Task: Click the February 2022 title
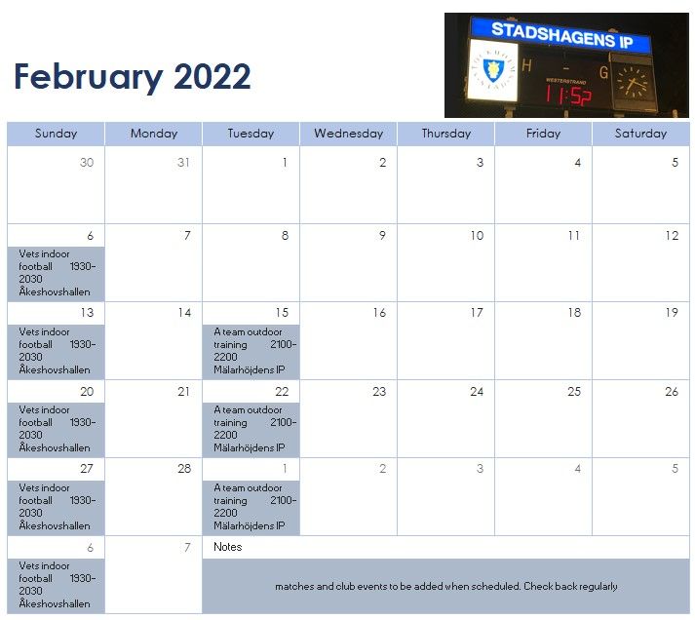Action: [x=133, y=77]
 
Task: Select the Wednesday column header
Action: [x=348, y=134]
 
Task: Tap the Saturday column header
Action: [x=640, y=134]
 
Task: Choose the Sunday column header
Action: [x=56, y=134]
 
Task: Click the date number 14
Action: [x=184, y=313]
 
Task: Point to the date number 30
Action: [x=87, y=162]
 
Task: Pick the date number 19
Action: [x=672, y=313]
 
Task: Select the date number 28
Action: [x=184, y=469]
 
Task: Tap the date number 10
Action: [x=477, y=235]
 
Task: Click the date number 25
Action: [x=574, y=391]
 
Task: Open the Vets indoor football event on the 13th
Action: [x=57, y=351]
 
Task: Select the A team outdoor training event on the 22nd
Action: [x=251, y=429]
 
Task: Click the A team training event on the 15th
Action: [x=251, y=351]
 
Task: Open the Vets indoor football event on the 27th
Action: [x=57, y=507]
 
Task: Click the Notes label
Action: [x=228, y=547]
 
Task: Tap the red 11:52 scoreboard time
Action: [x=567, y=95]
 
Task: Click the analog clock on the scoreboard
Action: [x=633, y=83]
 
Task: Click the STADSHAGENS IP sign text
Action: [x=562, y=34]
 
